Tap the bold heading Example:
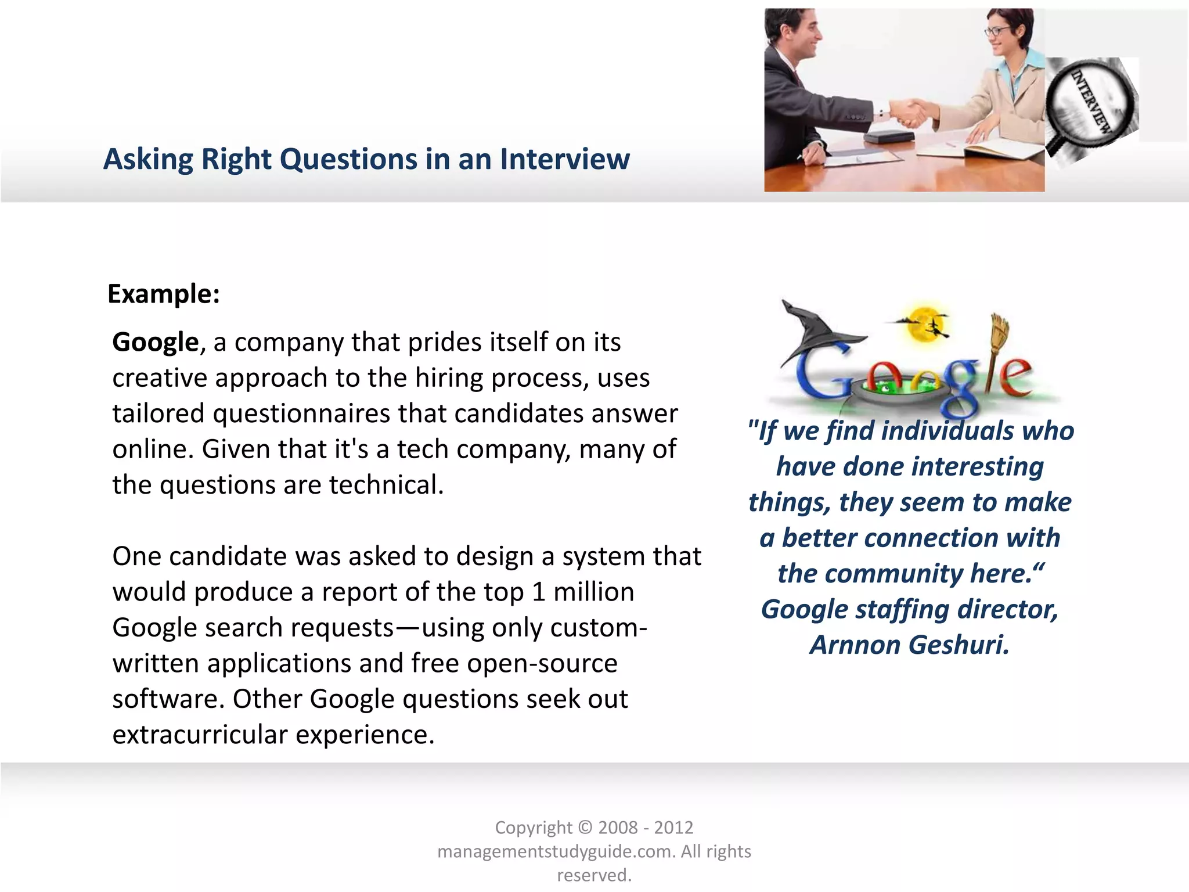point(164,294)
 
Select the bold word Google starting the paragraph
point(156,342)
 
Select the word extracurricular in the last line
point(200,735)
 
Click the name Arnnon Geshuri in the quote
point(909,645)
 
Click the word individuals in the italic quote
point(947,431)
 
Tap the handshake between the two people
point(909,112)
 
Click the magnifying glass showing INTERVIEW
point(1089,99)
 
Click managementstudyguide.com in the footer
point(556,851)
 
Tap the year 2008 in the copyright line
point(618,828)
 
